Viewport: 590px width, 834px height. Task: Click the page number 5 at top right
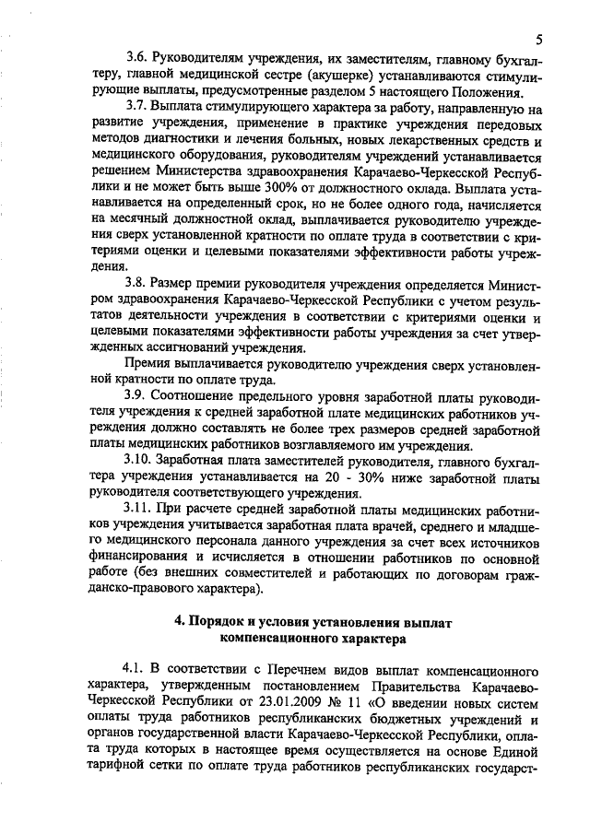click(x=537, y=37)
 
